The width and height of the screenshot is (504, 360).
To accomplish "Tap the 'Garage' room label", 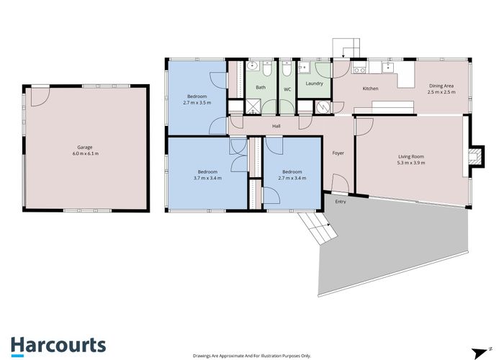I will pyautogui.click(x=85, y=147).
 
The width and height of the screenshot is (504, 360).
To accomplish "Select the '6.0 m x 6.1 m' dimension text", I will pyautogui.click(x=85, y=154).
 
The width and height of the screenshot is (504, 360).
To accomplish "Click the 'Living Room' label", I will pyautogui.click(x=412, y=156).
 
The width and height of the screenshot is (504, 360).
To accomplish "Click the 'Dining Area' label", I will pyautogui.click(x=441, y=86).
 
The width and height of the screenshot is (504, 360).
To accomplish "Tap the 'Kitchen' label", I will pyautogui.click(x=370, y=89).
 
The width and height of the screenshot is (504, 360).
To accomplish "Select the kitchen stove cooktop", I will pyautogui.click(x=361, y=70).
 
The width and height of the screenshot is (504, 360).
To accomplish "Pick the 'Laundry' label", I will pyautogui.click(x=314, y=84).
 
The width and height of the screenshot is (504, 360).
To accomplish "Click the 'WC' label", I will pyautogui.click(x=287, y=89).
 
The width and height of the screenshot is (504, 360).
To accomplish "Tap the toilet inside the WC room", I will pyautogui.click(x=287, y=70).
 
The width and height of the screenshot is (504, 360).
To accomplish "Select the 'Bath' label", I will pyautogui.click(x=260, y=88).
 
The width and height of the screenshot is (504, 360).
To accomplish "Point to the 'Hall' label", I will pyautogui.click(x=276, y=126).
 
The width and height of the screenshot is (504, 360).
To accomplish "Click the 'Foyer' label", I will pyautogui.click(x=338, y=153).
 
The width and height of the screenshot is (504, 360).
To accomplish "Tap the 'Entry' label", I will pyautogui.click(x=341, y=202).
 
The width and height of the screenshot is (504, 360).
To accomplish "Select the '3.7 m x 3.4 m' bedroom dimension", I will pyautogui.click(x=210, y=177).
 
